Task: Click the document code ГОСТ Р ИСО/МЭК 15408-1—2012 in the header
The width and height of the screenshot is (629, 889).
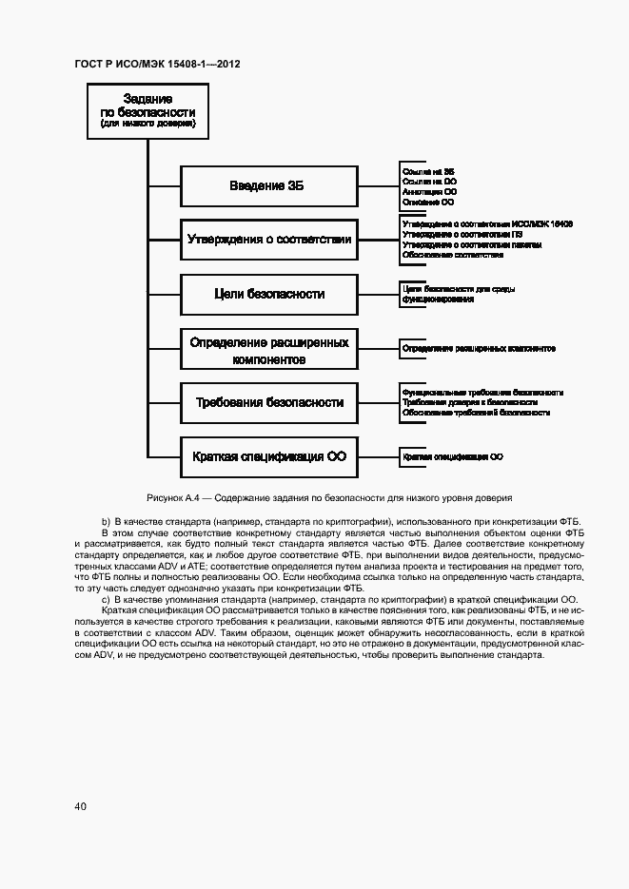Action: tap(157, 65)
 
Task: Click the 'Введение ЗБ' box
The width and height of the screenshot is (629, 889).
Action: tap(269, 185)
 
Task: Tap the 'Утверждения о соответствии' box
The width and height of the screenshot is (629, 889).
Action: tap(269, 240)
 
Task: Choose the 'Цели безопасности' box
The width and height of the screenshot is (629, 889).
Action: tap(269, 294)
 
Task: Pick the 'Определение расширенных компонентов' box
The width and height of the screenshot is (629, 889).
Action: tap(269, 349)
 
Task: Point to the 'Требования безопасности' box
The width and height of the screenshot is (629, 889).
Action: tap(269, 402)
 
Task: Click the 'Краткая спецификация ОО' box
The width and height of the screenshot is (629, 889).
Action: tap(269, 456)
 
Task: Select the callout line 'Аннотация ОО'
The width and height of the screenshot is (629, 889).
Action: tap(429, 191)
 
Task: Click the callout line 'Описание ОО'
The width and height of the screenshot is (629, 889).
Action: tap(427, 202)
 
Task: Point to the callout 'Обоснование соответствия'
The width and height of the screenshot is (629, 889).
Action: tap(452, 255)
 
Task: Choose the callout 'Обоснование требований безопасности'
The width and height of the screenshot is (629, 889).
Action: tap(476, 414)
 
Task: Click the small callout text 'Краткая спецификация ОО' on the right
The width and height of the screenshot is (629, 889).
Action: tap(453, 457)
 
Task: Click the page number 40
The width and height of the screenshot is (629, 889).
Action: tap(81, 806)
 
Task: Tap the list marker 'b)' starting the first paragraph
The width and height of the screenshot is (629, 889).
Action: tap(106, 522)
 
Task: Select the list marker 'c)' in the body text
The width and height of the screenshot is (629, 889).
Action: tap(106, 599)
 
